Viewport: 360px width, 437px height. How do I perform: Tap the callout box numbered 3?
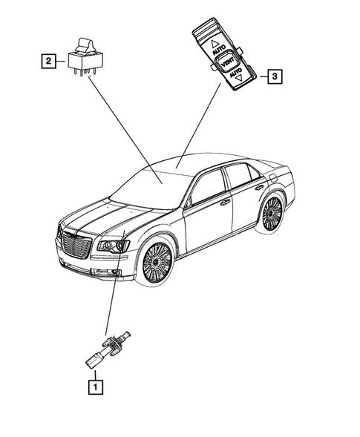[275, 76]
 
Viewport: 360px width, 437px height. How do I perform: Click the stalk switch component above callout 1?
[104, 348]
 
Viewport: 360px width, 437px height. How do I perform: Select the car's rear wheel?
[271, 214]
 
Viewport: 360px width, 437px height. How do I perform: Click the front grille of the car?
[76, 245]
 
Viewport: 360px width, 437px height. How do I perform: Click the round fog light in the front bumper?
[116, 274]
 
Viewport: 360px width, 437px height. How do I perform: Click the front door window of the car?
[207, 187]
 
